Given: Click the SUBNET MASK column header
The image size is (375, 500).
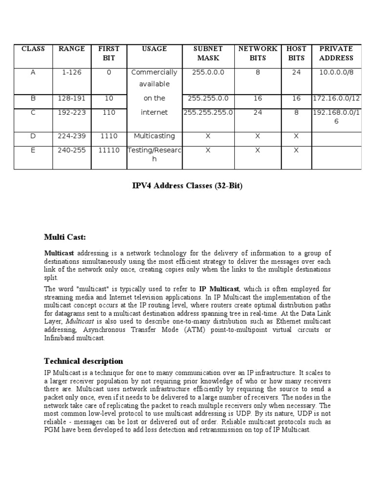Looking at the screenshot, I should pos(208,53).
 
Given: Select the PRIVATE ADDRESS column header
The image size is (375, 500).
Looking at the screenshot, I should pos(336,53).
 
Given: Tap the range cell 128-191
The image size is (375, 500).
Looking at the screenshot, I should pos(72,98).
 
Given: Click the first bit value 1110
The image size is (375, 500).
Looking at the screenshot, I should pos(109,136).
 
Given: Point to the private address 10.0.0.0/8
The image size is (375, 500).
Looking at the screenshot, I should pos(336,72).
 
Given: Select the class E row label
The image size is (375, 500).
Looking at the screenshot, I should pos(33,150).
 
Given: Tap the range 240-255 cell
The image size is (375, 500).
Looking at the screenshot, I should pos(72,150).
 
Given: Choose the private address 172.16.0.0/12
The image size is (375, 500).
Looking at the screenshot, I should pos(336,98).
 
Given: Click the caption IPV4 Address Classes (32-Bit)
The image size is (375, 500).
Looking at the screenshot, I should pos(187,186).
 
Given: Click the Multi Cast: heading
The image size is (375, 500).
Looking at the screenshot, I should pos(65,237).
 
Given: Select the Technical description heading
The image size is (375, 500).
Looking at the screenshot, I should pos(83,361).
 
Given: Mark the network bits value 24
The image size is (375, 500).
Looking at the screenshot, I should pos(257,112).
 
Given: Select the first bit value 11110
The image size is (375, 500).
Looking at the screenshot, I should pos(109,150).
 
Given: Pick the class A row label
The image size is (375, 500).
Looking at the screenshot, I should pos(33,72).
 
